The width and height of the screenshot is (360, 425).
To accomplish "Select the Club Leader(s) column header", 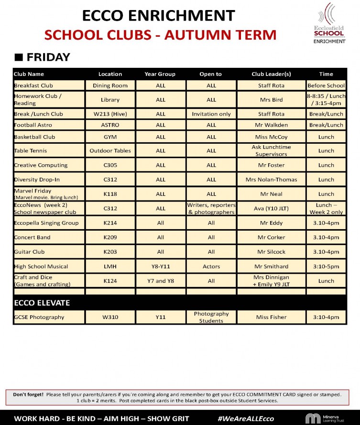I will pyautogui.click(x=271, y=74).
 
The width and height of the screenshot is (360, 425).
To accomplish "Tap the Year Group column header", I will pyautogui.click(x=160, y=74).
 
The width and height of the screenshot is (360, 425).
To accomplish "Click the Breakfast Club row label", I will pyautogui.click(x=33, y=85).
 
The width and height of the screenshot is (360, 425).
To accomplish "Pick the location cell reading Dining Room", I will pyautogui.click(x=110, y=85).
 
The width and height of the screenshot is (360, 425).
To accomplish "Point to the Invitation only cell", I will pyautogui.click(x=211, y=114).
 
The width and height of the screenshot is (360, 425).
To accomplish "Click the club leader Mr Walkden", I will pyautogui.click(x=271, y=125).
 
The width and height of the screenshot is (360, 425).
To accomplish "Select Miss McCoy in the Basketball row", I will pyautogui.click(x=271, y=137).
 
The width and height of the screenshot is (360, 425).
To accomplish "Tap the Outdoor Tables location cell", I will pyautogui.click(x=110, y=151).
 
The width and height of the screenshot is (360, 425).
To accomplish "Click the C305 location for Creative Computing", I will pyautogui.click(x=110, y=165).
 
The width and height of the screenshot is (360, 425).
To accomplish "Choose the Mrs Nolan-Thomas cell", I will pyautogui.click(x=271, y=180).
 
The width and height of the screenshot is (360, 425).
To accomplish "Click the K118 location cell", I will pyautogui.click(x=110, y=194).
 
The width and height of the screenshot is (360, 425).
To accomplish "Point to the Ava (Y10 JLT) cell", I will pyautogui.click(x=271, y=209).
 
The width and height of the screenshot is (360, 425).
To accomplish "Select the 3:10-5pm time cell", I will pyautogui.click(x=326, y=266).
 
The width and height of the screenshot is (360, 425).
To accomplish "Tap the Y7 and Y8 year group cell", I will pyautogui.click(x=160, y=281).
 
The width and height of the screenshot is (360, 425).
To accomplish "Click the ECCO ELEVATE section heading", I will pyautogui.click(x=42, y=303).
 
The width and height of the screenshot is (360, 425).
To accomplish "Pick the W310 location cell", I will pyautogui.click(x=110, y=317).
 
